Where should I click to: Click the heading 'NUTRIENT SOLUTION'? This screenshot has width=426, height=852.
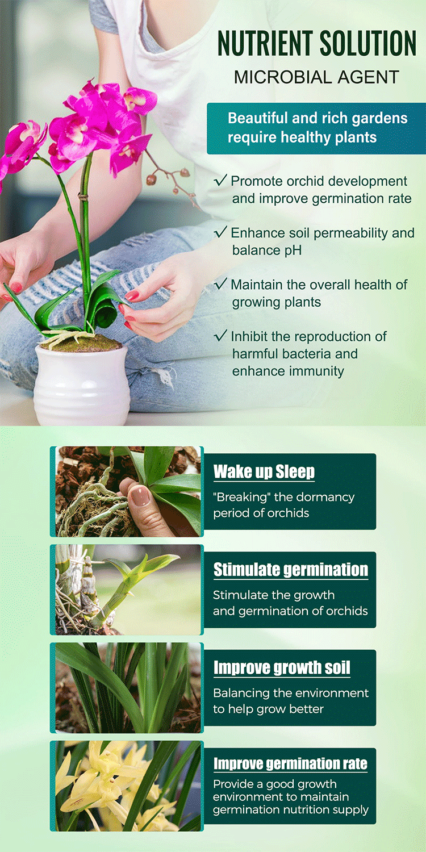317,43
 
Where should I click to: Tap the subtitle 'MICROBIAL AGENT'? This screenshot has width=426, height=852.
316,77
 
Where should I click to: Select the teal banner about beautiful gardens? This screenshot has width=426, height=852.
316,128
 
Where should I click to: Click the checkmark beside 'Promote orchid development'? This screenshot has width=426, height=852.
220,180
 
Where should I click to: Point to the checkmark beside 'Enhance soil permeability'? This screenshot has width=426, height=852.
220,232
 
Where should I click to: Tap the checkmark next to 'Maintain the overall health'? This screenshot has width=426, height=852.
220,284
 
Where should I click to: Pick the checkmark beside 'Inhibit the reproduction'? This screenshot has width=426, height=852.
220,336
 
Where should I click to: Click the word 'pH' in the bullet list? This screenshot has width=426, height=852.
293,250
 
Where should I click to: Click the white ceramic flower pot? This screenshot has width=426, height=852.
82,384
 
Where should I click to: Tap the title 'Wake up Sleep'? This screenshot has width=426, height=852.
264,471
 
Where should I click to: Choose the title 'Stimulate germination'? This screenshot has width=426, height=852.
291,570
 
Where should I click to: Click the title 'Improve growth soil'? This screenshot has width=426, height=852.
282,668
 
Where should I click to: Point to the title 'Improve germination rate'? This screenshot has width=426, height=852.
290,763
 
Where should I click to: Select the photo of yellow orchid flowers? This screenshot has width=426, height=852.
128,786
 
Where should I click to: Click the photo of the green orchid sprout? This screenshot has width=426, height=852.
128,590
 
